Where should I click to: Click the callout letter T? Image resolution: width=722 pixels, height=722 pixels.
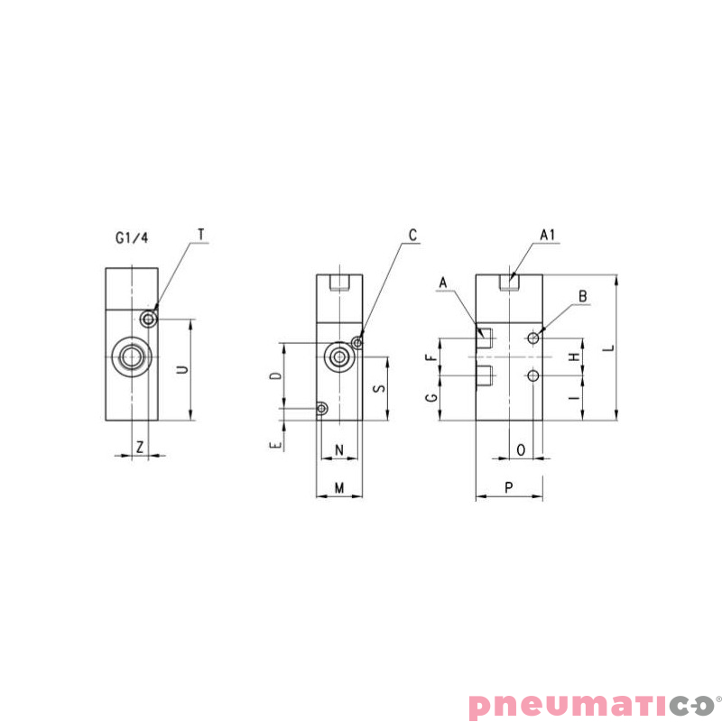coord(201,235)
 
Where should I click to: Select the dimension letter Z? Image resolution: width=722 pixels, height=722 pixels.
coord(140,446)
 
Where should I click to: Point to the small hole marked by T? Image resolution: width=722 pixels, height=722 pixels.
coord(149,318)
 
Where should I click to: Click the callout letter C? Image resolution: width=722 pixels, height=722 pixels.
coord(412,235)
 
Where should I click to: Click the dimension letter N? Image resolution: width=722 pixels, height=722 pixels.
coord(339,449)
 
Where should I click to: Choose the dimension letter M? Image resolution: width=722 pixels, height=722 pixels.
coord(339,487)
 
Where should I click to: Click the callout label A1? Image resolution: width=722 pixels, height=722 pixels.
coord(547,235)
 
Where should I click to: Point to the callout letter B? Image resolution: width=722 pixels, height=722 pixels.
coord(583,295)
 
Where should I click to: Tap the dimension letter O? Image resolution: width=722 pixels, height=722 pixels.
coord(521,449)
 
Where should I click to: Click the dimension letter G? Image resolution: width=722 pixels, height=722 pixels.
coord(431,397)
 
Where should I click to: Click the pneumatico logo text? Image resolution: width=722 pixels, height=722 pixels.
coord(590,704)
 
